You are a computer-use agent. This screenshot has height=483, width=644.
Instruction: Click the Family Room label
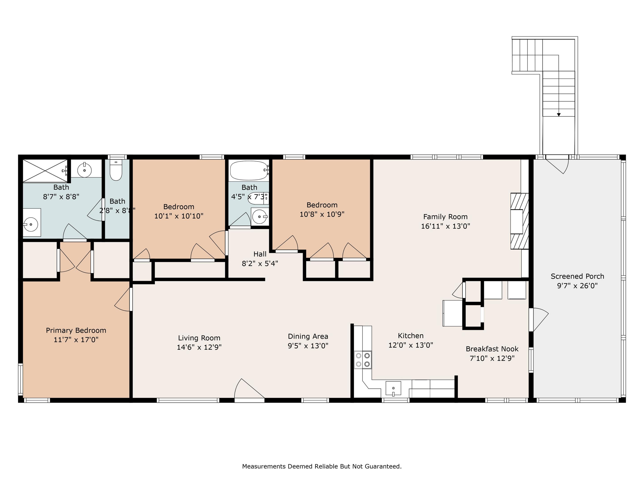(445, 217)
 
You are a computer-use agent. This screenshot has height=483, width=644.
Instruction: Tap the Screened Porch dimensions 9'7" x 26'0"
(577, 286)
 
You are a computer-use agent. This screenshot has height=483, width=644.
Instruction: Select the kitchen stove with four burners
(363, 360)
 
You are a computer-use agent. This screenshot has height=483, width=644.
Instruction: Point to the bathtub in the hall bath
(249, 170)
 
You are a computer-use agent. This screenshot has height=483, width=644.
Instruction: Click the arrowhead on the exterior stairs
(559, 115)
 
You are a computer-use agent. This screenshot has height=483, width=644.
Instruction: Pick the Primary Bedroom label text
(76, 330)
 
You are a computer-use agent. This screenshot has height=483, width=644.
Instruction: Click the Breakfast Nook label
(492, 349)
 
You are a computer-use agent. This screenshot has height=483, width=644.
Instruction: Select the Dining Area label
(308, 337)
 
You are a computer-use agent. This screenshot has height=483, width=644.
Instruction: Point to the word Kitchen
(411, 336)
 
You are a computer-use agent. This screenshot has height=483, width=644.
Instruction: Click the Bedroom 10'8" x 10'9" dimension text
(322, 214)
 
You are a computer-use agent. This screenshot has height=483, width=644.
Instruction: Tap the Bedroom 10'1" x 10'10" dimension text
(179, 216)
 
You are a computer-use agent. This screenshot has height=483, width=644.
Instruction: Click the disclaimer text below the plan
(322, 466)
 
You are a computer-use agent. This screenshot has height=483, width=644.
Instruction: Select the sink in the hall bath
(260, 217)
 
